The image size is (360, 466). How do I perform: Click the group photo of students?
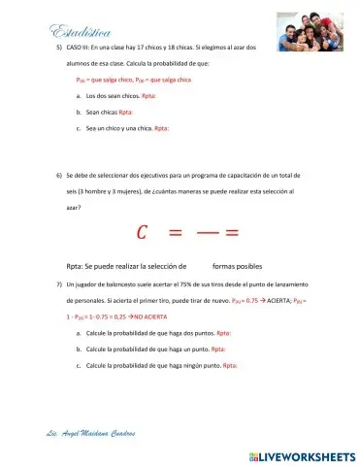click(x=309, y=32)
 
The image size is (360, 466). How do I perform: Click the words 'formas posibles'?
click(x=237, y=266)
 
